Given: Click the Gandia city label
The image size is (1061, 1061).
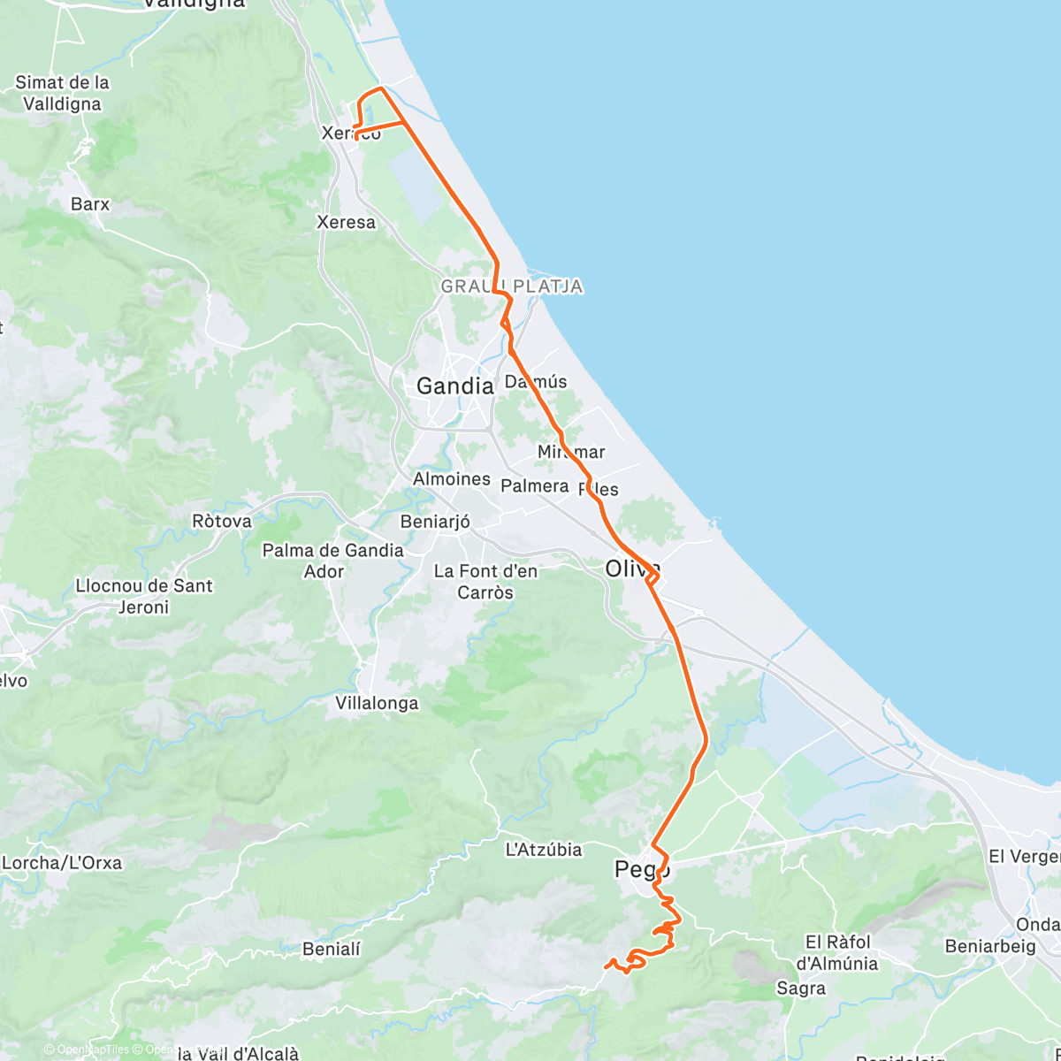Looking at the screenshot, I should [454, 385].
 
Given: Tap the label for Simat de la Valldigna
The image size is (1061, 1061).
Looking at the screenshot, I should [62, 93].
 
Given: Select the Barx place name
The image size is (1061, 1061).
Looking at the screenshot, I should [90, 204].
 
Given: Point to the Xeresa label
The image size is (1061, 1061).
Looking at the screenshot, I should [346, 222].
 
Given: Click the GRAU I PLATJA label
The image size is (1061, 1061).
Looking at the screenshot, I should [511, 286].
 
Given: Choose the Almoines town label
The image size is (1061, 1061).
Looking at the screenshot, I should [451, 478].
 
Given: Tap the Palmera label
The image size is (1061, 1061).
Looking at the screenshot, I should [534, 485].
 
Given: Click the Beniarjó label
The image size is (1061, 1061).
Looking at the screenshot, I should [435, 522].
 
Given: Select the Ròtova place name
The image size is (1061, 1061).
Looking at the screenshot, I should [222, 521].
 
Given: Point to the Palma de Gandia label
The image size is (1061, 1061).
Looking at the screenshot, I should [332, 550].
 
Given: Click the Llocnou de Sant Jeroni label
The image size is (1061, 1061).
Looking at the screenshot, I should [144, 596].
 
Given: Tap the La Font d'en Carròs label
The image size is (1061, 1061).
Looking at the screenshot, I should [485, 582].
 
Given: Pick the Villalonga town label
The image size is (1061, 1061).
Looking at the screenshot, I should [377, 704].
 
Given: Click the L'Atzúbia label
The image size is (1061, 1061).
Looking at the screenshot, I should [543, 850].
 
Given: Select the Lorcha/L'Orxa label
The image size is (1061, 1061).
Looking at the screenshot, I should [62, 862].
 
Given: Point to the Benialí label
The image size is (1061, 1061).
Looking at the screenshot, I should [332, 950].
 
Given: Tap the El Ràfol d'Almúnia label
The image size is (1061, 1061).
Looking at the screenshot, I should [837, 952].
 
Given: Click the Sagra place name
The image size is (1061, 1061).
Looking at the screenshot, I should [800, 988].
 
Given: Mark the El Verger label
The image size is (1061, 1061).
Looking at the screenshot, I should [1024, 857].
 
